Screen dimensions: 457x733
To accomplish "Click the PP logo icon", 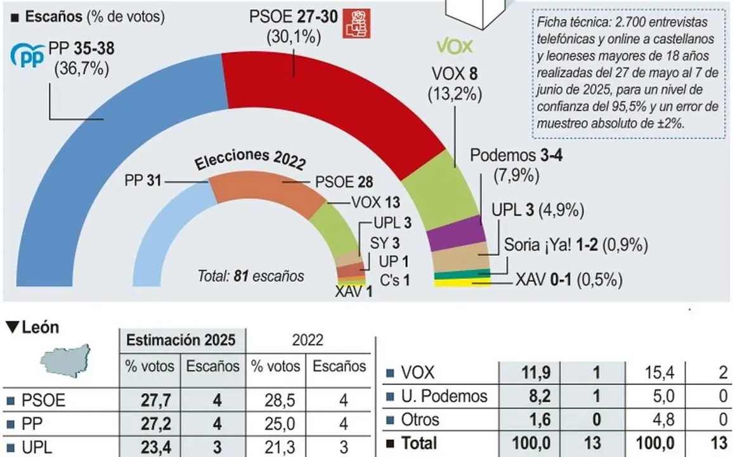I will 27,56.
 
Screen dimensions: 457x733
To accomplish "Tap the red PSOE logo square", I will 355,23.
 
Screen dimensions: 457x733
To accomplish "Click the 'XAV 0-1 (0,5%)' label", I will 568,279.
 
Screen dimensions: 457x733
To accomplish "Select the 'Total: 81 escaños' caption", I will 251,276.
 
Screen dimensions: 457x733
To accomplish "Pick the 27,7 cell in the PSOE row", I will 152,401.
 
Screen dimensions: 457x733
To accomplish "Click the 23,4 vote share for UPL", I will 152,447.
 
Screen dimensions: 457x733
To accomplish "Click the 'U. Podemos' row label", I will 443,397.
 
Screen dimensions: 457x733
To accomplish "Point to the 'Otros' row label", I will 420,420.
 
